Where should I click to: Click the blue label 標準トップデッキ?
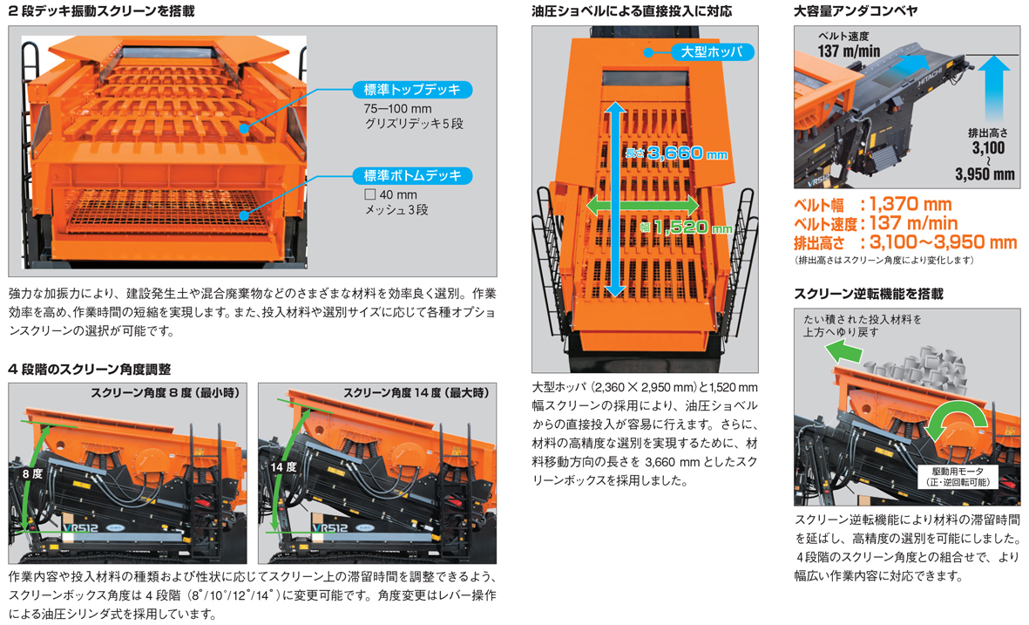coord(412,89)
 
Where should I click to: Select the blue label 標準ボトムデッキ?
coord(412,175)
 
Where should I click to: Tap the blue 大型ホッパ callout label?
coord(711,51)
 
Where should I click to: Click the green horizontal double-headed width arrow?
coord(642,206)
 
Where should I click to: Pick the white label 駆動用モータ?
coord(958,472)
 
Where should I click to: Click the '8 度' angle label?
coord(32,473)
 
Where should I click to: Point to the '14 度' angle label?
coord(283,466)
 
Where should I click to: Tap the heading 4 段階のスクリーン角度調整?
coord(89,369)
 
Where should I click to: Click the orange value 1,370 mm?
coord(911,204)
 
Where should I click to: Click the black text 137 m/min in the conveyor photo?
coord(849,51)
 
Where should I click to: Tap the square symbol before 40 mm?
coord(369,194)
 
